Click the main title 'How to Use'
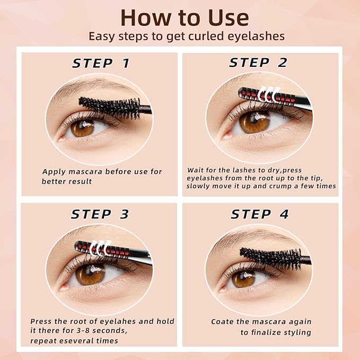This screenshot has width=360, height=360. click(x=184, y=17)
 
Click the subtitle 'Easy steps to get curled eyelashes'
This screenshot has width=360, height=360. click(x=187, y=37)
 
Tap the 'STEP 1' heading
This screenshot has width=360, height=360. click(x=101, y=64)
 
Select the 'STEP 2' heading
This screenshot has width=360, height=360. click(x=258, y=63)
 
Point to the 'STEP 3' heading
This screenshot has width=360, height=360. click(x=100, y=214)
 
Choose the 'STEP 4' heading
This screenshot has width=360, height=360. click(x=260, y=214)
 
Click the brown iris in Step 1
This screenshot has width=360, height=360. click(x=82, y=127)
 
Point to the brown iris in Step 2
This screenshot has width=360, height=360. click(x=254, y=122)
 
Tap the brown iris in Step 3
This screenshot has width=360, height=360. click(x=90, y=274)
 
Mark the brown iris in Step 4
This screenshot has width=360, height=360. click(x=244, y=278)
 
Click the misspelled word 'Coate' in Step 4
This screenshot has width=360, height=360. click(x=223, y=322)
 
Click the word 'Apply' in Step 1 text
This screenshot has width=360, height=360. click(x=54, y=172)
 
